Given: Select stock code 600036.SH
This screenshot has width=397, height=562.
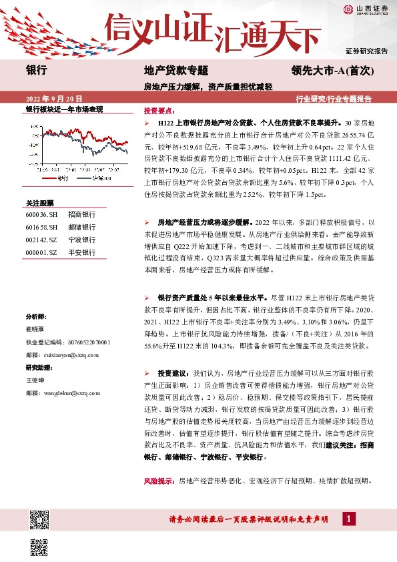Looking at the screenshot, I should tap(41, 215).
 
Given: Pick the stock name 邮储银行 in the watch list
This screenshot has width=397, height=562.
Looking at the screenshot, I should tap(85, 226).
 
